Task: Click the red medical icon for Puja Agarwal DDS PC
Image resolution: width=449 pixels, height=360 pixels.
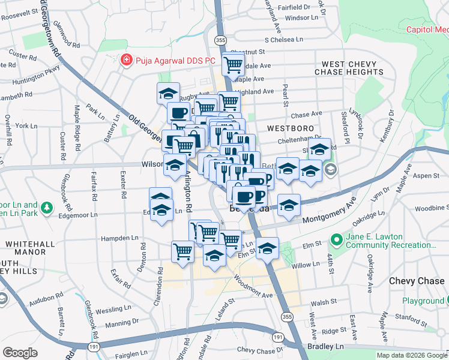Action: [126, 61]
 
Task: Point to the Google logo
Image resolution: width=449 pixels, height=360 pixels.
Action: [20, 353]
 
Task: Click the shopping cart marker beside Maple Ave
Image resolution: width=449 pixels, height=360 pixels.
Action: [233, 64]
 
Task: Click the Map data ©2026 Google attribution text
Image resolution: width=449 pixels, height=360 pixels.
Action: [412, 355]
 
